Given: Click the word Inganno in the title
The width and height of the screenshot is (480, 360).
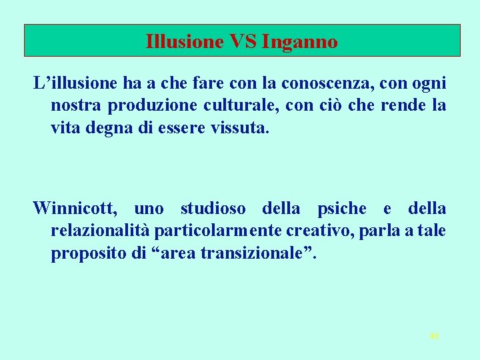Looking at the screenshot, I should [x=301, y=42].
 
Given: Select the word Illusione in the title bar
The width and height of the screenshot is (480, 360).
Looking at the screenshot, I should [x=185, y=42].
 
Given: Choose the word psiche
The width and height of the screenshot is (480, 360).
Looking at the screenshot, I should [x=342, y=209].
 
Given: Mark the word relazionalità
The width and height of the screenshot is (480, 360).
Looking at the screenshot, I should [x=100, y=231].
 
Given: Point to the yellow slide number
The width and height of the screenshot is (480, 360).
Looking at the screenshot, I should [x=435, y=337].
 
